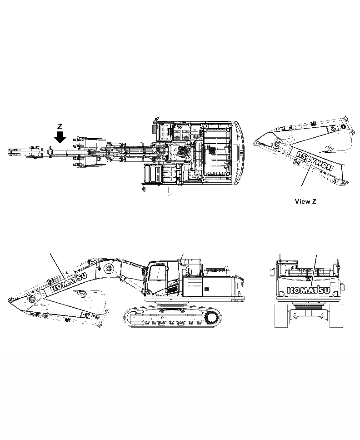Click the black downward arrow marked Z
[x=60, y=136]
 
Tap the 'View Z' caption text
[x=305, y=201]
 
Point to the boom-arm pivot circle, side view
[x=109, y=268]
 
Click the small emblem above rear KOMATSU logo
[x=309, y=278]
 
